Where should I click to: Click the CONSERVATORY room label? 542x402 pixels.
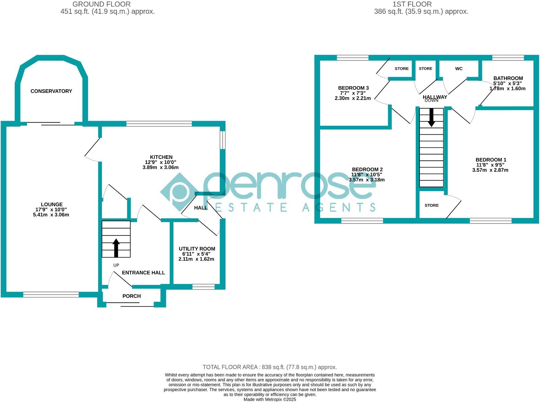pyautogui.click(x=51, y=91)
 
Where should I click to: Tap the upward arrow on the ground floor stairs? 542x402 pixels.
pyautogui.click(x=116, y=248)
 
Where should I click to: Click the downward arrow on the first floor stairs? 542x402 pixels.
pyautogui.click(x=431, y=118)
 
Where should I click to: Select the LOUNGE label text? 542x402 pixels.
pyautogui.click(x=52, y=205)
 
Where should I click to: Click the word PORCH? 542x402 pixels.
pyautogui.click(x=131, y=296)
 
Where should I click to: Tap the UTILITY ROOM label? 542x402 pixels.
pyautogui.click(x=197, y=249)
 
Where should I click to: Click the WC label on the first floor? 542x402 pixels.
pyautogui.click(x=459, y=69)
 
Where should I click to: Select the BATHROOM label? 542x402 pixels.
pyautogui.click(x=508, y=78)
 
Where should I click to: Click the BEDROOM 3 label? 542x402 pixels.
pyautogui.click(x=353, y=88)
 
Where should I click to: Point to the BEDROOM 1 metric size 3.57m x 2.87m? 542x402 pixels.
pyautogui.click(x=490, y=170)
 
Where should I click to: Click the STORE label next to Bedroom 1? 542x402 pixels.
pyautogui.click(x=431, y=205)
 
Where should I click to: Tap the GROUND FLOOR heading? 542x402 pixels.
pyautogui.click(x=101, y=4)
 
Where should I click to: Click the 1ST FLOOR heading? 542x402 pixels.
pyautogui.click(x=412, y=4)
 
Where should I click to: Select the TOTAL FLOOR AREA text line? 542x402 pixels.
pyautogui.click(x=270, y=367)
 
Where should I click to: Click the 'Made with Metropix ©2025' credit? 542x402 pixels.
pyautogui.click(x=270, y=399)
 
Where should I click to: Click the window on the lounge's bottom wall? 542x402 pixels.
pyautogui.click(x=51, y=295)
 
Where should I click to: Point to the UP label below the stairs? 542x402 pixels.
pyautogui.click(x=116, y=265)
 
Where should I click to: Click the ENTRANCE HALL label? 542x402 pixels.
pyautogui.click(x=143, y=273)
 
